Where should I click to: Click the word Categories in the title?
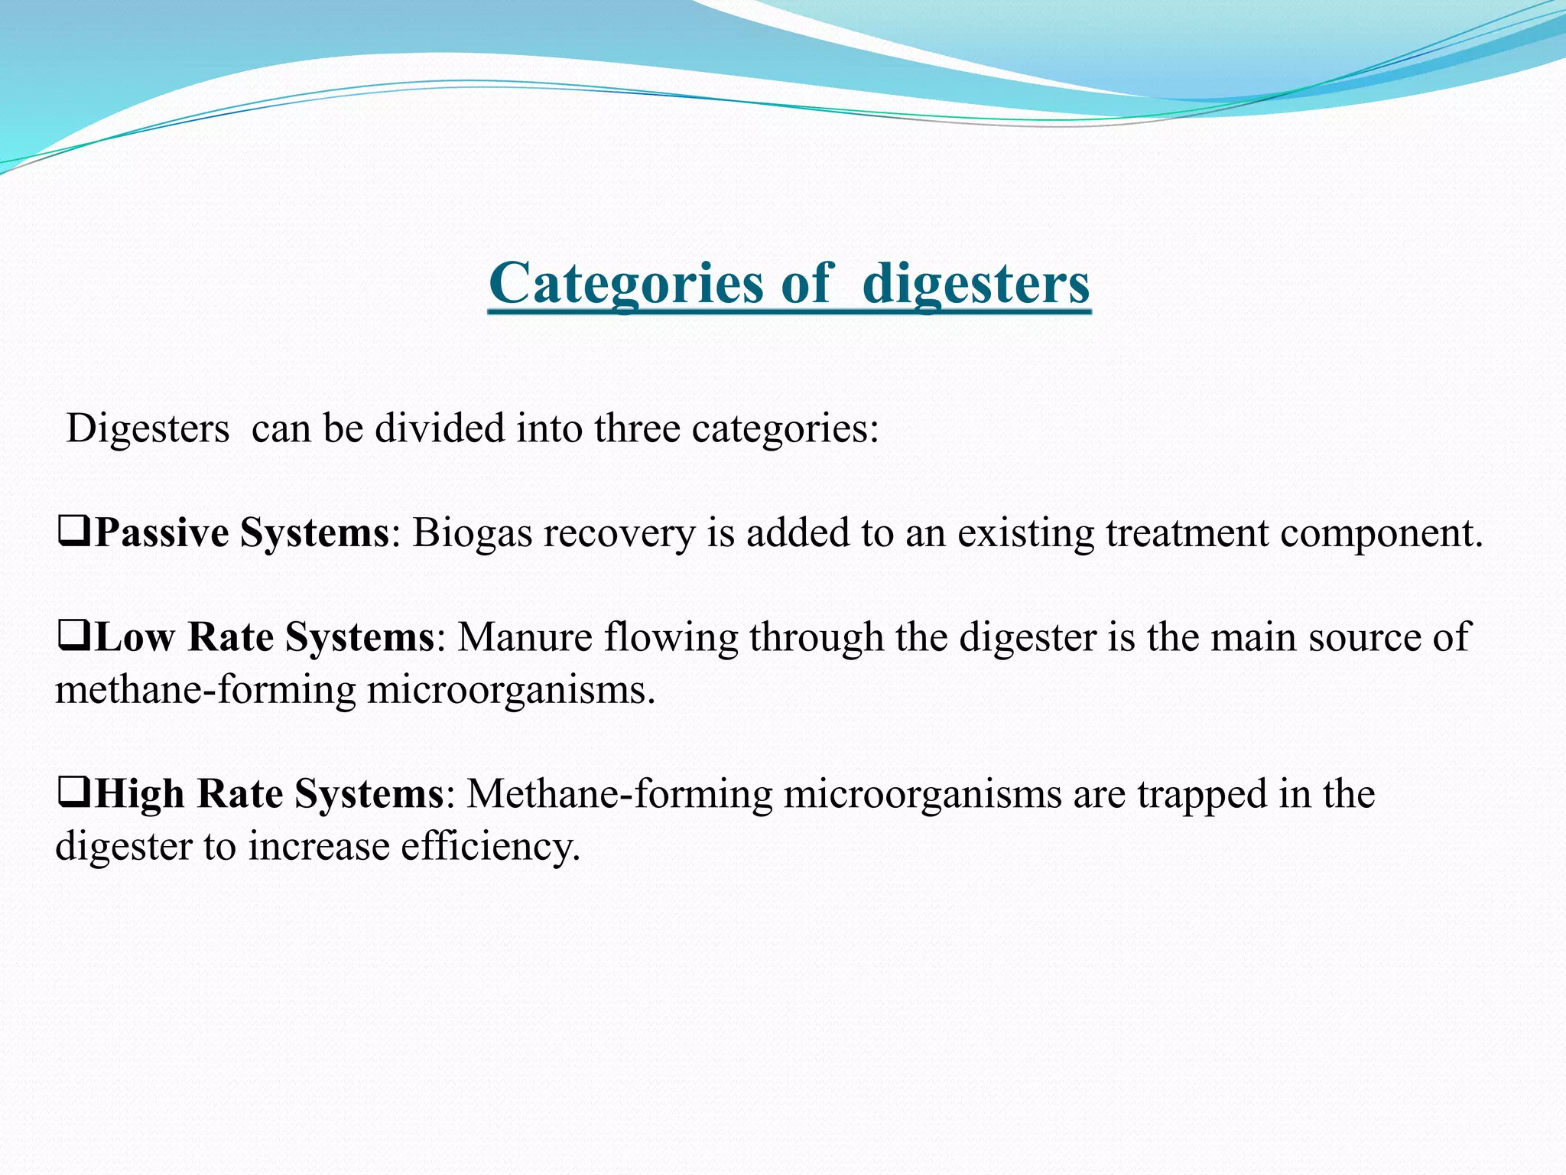coord(625,284)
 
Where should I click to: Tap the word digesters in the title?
coord(976,284)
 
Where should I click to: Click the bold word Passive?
coord(161,533)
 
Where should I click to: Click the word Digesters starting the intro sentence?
coord(148,428)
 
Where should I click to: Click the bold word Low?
coord(135,637)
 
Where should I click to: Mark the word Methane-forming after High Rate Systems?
coord(620,794)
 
